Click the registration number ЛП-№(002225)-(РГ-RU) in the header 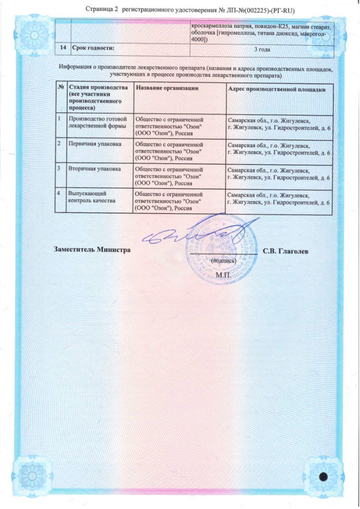click(x=250, y=8)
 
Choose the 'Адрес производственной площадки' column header click(x=277, y=89)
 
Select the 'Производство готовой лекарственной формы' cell click(x=97, y=122)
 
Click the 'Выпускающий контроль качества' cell click(x=92, y=197)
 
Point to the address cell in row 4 click(x=279, y=199)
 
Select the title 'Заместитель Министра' click(x=91, y=249)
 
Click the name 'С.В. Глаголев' click(x=285, y=251)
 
